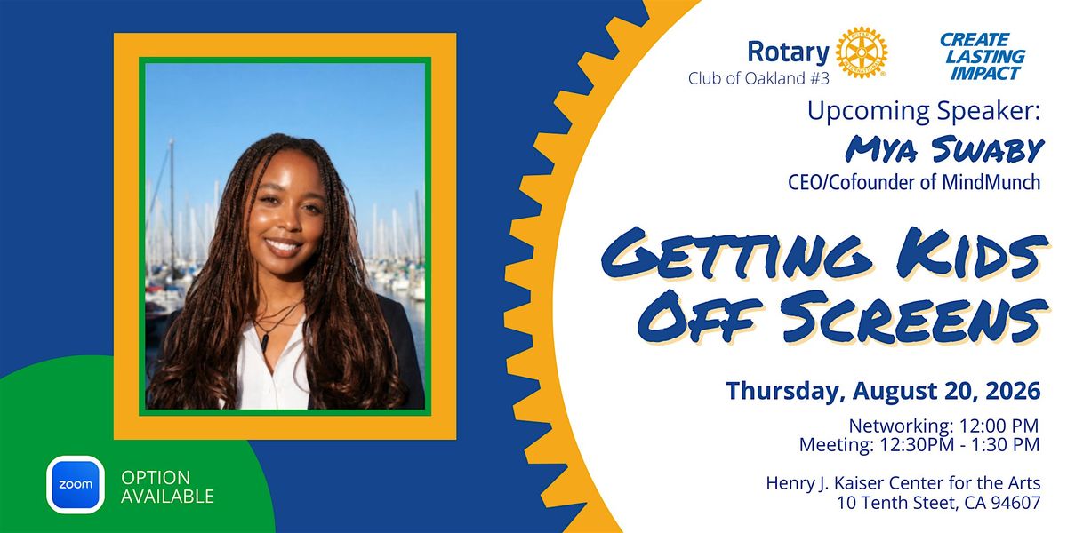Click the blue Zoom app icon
76,484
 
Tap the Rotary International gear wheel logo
862,52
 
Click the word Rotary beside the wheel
789,52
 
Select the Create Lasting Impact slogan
983,56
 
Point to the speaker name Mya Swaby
944,149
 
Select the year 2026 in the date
1013,391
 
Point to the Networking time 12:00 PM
999,426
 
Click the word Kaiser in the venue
858,483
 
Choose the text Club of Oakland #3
758,78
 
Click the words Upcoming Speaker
924,112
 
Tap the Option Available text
167,487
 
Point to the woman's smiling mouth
284,247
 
